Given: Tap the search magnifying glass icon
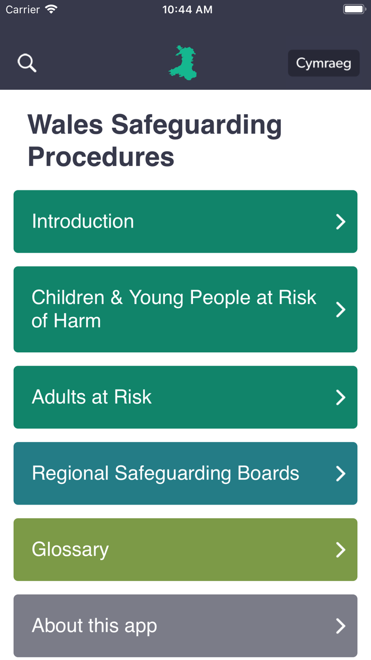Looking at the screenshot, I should tap(27, 63).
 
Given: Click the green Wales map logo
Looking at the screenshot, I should tap(183, 63).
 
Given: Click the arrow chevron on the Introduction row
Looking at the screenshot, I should tap(341, 222).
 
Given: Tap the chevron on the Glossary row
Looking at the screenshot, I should tap(341, 550).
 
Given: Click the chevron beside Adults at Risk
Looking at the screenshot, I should tap(341, 397).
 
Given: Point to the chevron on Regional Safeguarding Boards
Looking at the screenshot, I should tap(341, 473).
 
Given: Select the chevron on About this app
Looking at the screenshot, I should tap(341, 626).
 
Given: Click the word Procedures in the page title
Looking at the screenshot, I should tap(101, 157).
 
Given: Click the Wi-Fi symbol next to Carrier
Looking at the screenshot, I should tap(51, 9).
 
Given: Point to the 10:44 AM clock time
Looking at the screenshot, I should tap(187, 10).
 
